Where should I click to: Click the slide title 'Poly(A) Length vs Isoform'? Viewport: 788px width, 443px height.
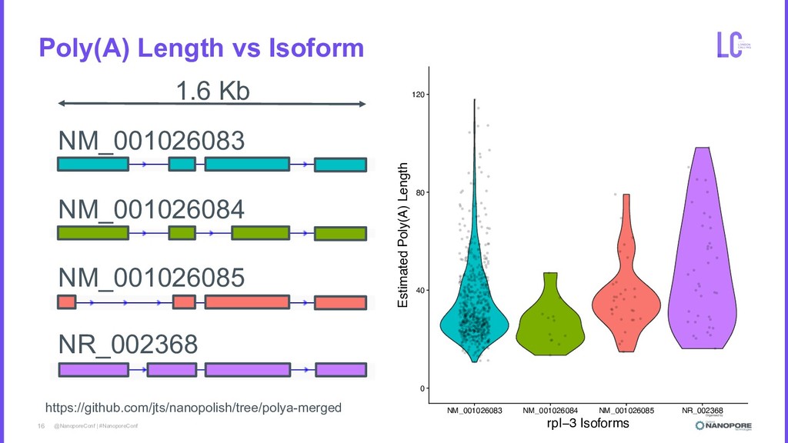click(201, 49)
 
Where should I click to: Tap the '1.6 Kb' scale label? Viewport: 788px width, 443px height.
click(213, 92)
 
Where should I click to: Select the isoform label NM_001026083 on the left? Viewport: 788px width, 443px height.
click(152, 141)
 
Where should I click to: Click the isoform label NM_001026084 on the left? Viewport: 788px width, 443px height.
click(152, 208)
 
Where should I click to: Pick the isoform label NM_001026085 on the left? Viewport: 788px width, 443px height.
click(152, 276)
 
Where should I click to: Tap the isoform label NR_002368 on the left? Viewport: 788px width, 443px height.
click(128, 344)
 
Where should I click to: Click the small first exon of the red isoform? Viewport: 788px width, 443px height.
click(67, 301)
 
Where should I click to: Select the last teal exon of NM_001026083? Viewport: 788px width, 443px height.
click(340, 165)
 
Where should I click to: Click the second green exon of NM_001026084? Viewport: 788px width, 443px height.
click(182, 233)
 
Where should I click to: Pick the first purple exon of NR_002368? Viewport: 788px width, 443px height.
click(93, 369)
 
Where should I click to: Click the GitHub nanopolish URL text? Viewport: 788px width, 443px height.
click(193, 408)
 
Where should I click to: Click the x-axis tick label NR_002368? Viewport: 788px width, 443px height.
click(703, 410)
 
